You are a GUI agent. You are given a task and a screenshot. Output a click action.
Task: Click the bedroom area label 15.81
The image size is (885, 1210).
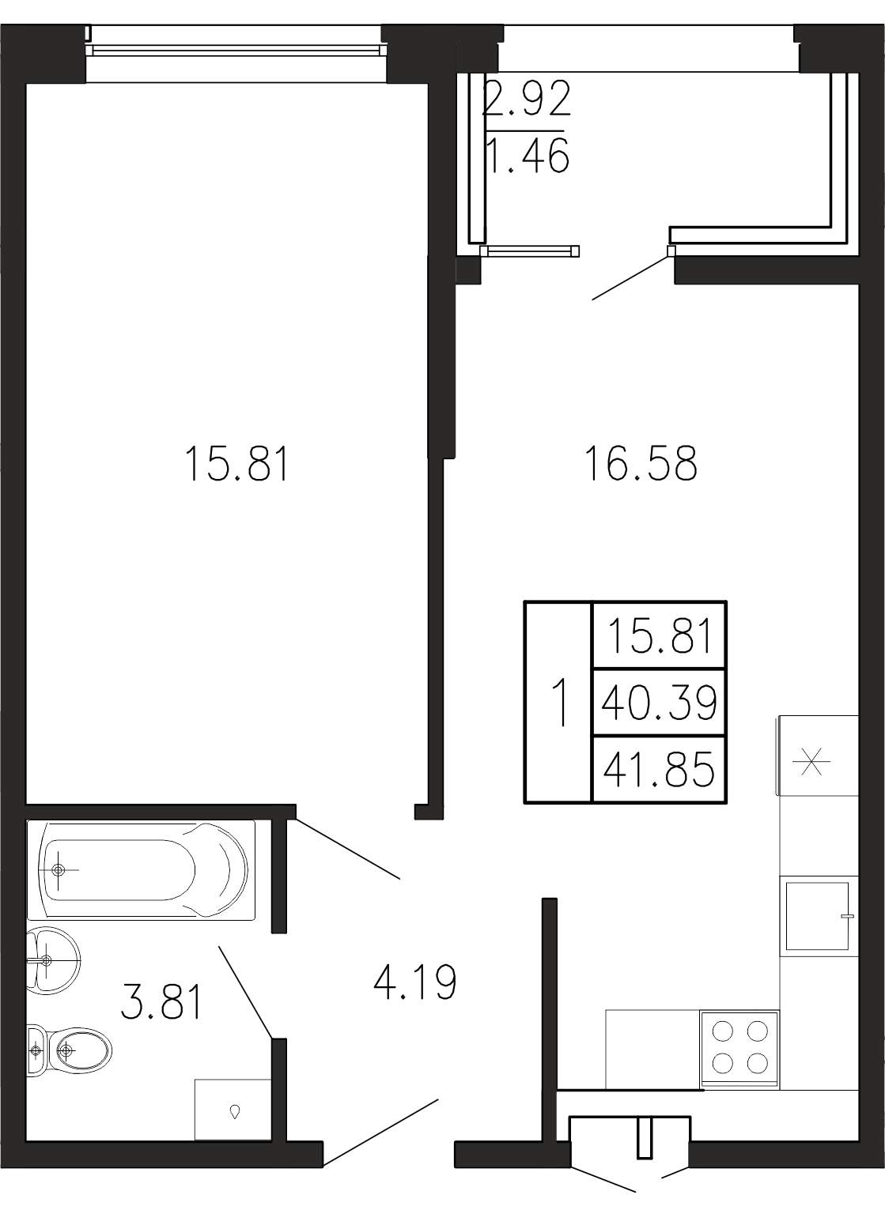click(236, 463)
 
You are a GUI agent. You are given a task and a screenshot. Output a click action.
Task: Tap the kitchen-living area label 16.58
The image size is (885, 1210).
click(641, 463)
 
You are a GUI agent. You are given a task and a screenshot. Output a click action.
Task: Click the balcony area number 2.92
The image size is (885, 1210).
click(527, 98)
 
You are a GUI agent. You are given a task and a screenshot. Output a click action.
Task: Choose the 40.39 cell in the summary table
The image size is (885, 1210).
click(659, 703)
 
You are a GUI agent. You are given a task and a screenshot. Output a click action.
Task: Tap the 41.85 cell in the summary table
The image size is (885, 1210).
click(659, 769)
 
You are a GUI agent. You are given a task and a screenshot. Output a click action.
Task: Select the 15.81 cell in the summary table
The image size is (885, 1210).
click(659, 635)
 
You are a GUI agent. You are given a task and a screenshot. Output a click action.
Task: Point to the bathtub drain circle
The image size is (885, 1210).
click(59, 869)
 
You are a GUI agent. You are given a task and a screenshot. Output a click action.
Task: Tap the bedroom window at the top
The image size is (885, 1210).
click(236, 51)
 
